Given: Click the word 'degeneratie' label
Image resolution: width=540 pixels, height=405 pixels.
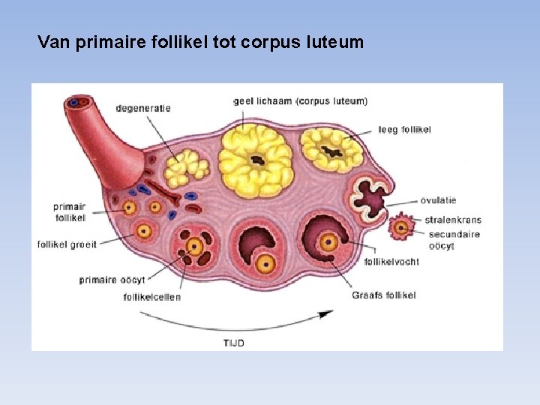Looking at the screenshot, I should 143,108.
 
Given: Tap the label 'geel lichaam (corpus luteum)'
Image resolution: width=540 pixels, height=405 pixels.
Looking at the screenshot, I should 301,101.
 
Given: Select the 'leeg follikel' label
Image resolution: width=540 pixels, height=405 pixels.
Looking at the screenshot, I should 405,130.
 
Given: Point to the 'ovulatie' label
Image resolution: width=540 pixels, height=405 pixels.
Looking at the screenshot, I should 438,200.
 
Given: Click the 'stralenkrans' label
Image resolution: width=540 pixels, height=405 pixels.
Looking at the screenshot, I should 453,220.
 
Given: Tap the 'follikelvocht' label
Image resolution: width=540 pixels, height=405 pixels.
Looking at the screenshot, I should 391,262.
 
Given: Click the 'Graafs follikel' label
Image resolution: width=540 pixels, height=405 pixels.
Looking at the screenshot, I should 384,295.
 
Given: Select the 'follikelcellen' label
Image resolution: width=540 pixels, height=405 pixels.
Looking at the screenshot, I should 152,297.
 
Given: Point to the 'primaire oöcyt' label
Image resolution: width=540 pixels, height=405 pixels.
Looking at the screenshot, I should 112,280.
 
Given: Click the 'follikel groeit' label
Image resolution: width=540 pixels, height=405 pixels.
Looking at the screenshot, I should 67,244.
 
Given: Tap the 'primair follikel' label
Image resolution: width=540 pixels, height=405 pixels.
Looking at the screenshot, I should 70,212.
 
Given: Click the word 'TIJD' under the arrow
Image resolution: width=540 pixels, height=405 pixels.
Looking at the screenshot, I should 233,343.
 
